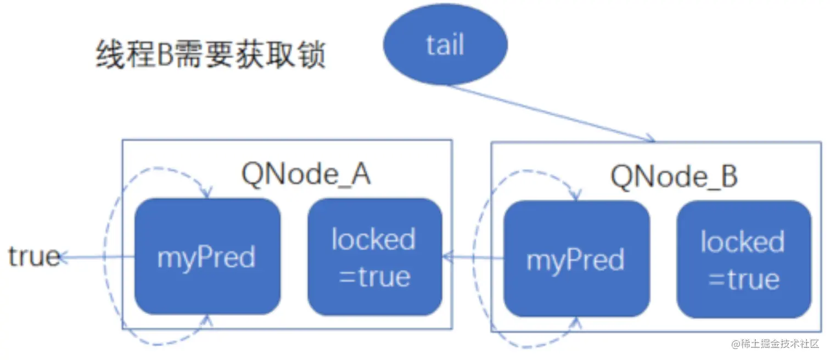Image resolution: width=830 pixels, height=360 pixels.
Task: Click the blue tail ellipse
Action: pos(444,44)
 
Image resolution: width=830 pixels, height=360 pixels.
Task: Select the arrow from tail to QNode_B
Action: pos(549,113)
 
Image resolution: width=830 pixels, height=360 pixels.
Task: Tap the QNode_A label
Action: pos(306,175)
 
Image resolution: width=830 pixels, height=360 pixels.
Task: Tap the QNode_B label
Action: pos(674,177)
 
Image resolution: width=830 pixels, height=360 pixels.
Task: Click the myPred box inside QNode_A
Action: pos(207,256)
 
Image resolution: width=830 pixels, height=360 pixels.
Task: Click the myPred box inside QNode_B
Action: pos(576,259)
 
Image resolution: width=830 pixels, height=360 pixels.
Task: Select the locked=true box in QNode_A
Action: pos(374,256)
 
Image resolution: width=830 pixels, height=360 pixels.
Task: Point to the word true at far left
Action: pos(33,256)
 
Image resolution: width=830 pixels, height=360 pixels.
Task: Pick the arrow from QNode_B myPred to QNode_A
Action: pos(473,257)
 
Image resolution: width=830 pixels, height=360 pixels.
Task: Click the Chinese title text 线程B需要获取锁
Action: pos(211,56)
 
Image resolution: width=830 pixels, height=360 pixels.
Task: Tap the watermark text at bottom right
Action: pos(774,344)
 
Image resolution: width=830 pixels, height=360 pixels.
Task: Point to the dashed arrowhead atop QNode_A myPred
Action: pos(207,193)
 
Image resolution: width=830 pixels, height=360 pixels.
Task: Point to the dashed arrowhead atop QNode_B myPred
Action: pos(576,196)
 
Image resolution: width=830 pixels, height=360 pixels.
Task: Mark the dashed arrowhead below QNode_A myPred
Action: pos(207,319)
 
